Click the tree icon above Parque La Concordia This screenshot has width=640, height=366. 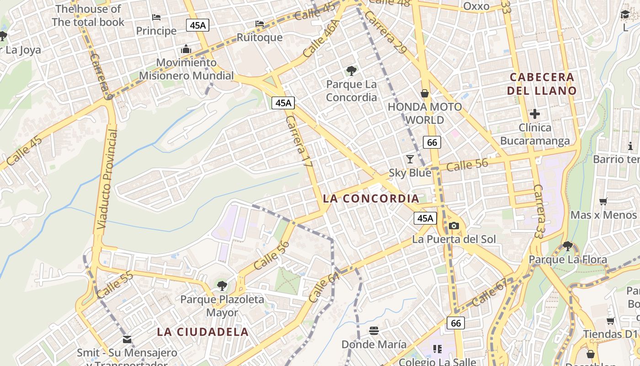tap(351, 71)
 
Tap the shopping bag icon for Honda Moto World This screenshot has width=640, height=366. tap(425, 93)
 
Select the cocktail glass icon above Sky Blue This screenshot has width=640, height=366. tap(410, 159)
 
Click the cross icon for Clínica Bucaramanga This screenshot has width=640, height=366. tap(535, 113)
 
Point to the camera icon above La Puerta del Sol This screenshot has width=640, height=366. tap(453, 226)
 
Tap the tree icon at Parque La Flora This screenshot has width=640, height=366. tap(568, 246)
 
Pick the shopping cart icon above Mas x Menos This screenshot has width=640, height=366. tap(603, 201)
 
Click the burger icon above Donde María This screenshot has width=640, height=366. tap(374, 330)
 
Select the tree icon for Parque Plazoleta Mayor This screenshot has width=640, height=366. tap(222, 286)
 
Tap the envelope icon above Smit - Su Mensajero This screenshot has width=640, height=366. tap(127, 339)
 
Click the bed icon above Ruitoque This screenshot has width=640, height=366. tap(260, 24)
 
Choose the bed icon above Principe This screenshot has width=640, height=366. tap(156, 18)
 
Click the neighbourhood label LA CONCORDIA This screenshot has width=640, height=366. tap(371, 199)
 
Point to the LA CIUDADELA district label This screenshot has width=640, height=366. tap(203, 332)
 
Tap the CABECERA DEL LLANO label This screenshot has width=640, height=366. tap(542, 84)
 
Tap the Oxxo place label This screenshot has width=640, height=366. tap(476, 6)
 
